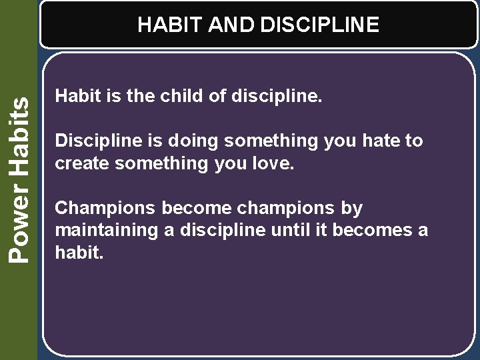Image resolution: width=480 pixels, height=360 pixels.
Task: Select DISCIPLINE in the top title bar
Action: pos(320,25)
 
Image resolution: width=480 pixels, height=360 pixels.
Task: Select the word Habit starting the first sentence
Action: pos(75,97)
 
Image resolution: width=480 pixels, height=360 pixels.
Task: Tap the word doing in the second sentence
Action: pos(195,141)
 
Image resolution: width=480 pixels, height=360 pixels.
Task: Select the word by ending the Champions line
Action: pos(352,209)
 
